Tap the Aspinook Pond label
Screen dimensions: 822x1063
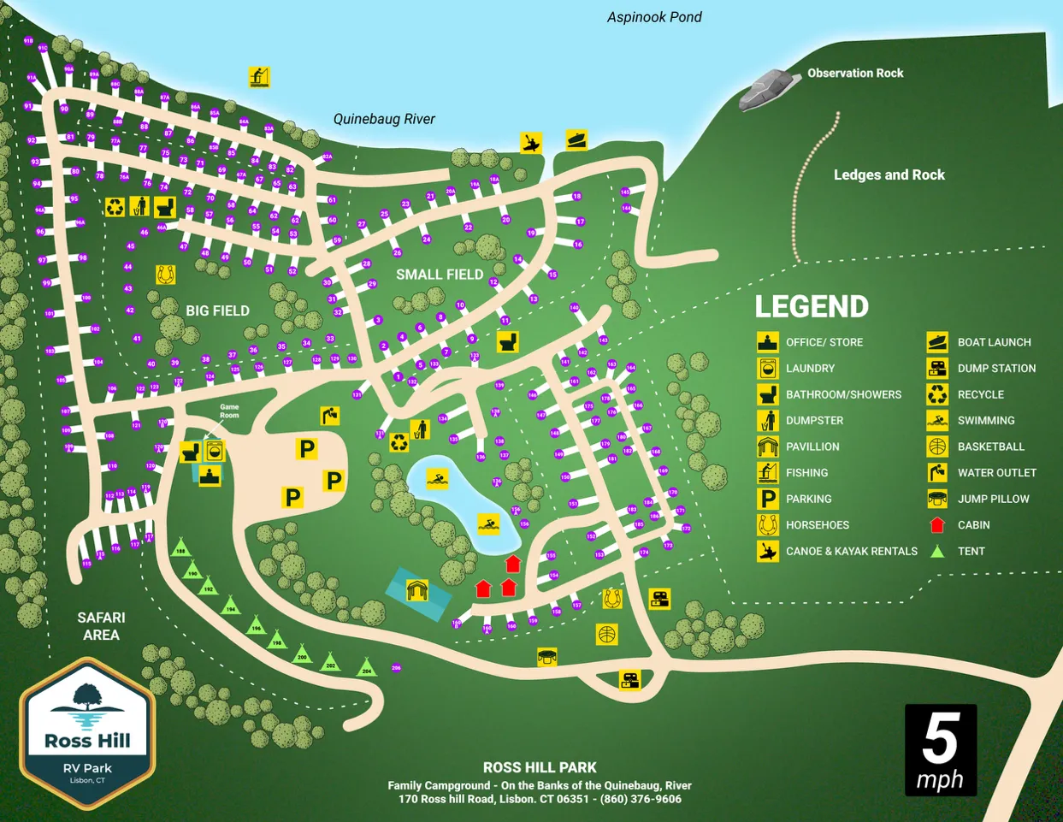[654, 17]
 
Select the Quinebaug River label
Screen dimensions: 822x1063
[384, 119]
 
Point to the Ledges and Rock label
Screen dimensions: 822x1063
[889, 174]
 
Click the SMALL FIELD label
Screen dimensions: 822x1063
[440, 275]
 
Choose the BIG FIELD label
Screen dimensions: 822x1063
[217, 310]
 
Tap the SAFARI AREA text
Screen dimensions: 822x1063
[101, 626]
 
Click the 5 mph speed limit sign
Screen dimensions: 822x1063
[940, 750]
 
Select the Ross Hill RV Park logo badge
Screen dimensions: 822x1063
[87, 733]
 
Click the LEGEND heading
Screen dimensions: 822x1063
[811, 306]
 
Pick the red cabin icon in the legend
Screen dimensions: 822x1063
[937, 525]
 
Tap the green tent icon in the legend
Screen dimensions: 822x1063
[937, 552]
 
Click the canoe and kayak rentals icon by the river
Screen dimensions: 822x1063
[531, 143]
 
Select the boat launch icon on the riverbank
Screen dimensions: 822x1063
[576, 139]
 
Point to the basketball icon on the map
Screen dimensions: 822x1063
[606, 634]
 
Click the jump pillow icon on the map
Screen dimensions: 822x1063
[547, 657]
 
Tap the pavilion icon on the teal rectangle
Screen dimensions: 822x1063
[416, 590]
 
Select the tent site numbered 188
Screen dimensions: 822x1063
[180, 549]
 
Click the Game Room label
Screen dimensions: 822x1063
[229, 411]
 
